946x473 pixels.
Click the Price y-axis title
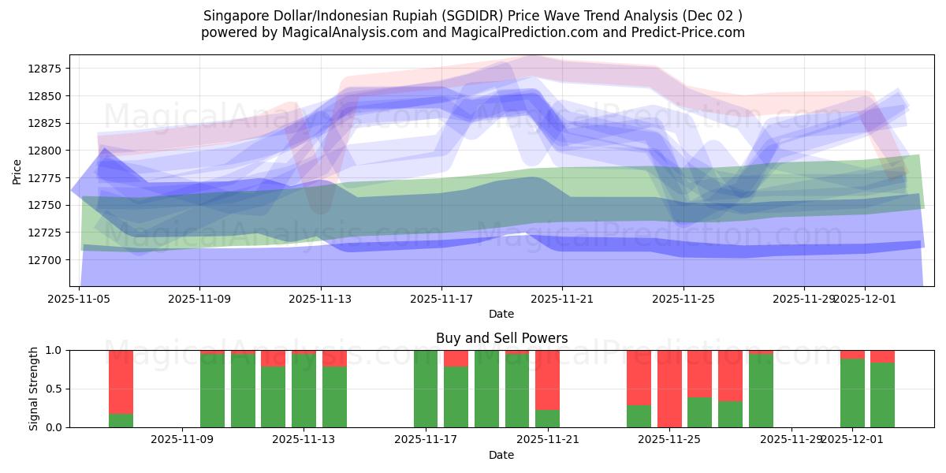(17, 170)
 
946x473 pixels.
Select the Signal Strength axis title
(34, 389)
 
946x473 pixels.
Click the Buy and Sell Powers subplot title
(501, 338)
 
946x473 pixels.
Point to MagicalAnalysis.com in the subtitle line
(341, 32)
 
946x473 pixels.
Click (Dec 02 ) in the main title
(713, 16)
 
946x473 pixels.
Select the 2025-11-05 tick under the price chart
(79, 299)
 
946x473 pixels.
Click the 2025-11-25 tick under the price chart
(683, 299)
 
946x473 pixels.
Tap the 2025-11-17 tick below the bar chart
(426, 439)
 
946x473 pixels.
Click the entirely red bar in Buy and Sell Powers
(669, 389)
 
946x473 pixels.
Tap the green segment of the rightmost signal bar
(882, 395)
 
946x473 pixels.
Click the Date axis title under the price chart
(501, 314)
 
